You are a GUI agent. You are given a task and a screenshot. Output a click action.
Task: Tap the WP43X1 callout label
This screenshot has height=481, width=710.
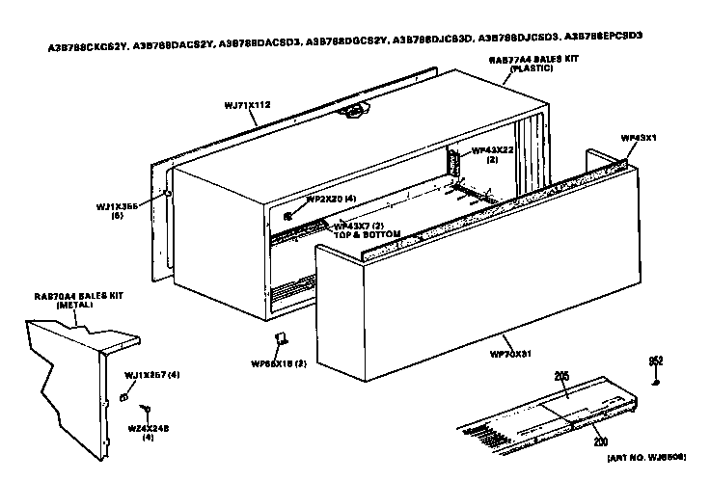click(638, 138)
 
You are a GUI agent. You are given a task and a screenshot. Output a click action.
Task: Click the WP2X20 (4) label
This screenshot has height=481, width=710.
click(331, 199)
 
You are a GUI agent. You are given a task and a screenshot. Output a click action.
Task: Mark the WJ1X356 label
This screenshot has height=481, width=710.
click(118, 205)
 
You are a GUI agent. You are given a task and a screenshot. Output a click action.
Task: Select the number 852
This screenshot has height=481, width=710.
click(656, 361)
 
